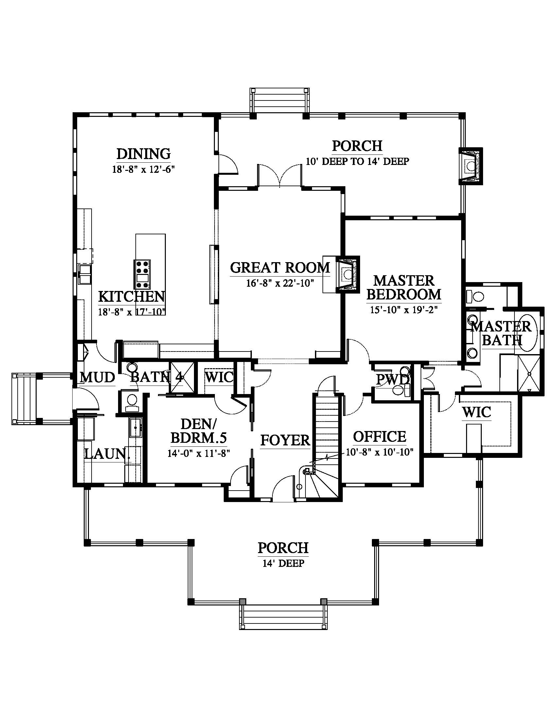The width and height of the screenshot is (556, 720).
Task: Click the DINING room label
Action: [x=144, y=154]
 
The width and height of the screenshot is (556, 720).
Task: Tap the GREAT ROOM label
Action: [x=280, y=267]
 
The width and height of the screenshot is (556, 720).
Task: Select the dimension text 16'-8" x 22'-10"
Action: [x=280, y=283]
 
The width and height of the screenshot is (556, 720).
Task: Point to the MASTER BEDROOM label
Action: [x=404, y=287]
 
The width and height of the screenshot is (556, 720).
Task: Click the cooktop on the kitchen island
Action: [x=142, y=274]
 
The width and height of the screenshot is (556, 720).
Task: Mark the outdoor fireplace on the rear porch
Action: [x=471, y=166]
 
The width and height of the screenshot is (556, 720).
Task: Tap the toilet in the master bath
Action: [x=475, y=297]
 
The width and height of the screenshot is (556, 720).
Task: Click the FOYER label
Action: [x=285, y=440]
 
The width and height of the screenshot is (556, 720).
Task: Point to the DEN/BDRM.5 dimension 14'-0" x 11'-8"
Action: [x=199, y=453]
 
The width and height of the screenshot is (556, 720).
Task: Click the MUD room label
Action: [x=97, y=377]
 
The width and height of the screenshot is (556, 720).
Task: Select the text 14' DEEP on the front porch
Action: [x=283, y=563]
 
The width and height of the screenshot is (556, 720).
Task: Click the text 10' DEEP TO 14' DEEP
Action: [x=357, y=162]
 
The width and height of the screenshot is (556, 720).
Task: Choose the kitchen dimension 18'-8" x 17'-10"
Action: [x=132, y=312]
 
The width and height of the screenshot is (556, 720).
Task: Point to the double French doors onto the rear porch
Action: [x=280, y=176]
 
